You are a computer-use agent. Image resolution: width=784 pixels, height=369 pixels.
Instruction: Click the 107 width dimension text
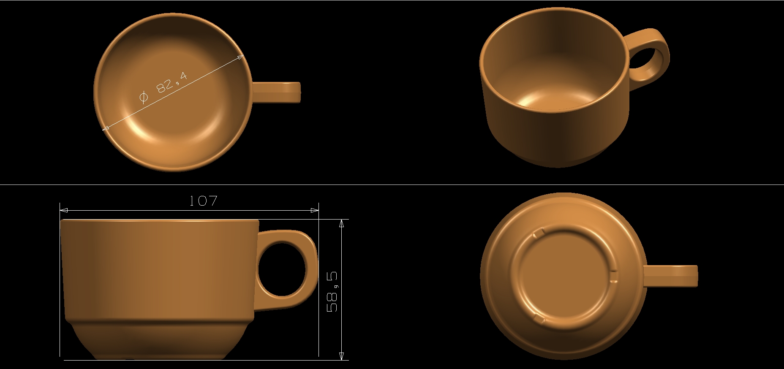[203, 201]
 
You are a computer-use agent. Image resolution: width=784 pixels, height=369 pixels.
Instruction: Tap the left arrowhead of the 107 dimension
[64, 210]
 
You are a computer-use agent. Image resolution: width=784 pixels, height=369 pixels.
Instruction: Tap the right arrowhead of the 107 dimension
[315, 210]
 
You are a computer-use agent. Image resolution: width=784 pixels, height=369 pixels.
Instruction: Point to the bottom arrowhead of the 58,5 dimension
[341, 356]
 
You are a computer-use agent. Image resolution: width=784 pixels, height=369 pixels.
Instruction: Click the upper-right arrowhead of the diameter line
[241, 58]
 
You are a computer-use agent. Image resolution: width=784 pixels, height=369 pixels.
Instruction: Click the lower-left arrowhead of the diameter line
[106, 128]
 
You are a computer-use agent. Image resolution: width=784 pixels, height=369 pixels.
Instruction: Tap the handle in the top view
[277, 92]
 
